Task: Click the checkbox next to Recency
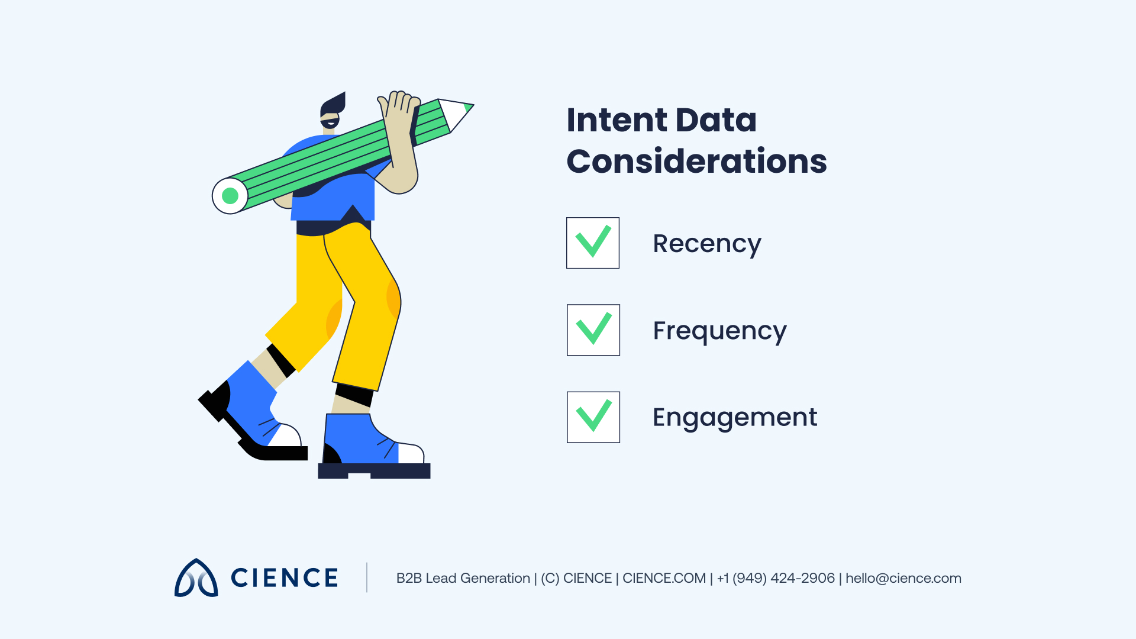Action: [x=593, y=243]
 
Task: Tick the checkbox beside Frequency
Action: [x=593, y=330]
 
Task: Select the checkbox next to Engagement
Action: [x=593, y=417]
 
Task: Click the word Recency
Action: [x=706, y=244]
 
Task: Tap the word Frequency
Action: [x=719, y=331]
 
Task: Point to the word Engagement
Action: [x=734, y=418]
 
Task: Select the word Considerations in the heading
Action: [x=696, y=162]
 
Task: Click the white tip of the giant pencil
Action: [x=456, y=114]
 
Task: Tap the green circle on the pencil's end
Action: [x=230, y=196]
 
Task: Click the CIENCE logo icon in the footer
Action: [x=196, y=578]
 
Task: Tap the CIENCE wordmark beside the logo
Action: [x=284, y=578]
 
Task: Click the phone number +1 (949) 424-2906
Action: [x=776, y=578]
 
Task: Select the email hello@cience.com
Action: [x=903, y=578]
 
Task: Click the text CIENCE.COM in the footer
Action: [x=664, y=578]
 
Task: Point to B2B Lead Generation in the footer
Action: [x=463, y=578]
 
